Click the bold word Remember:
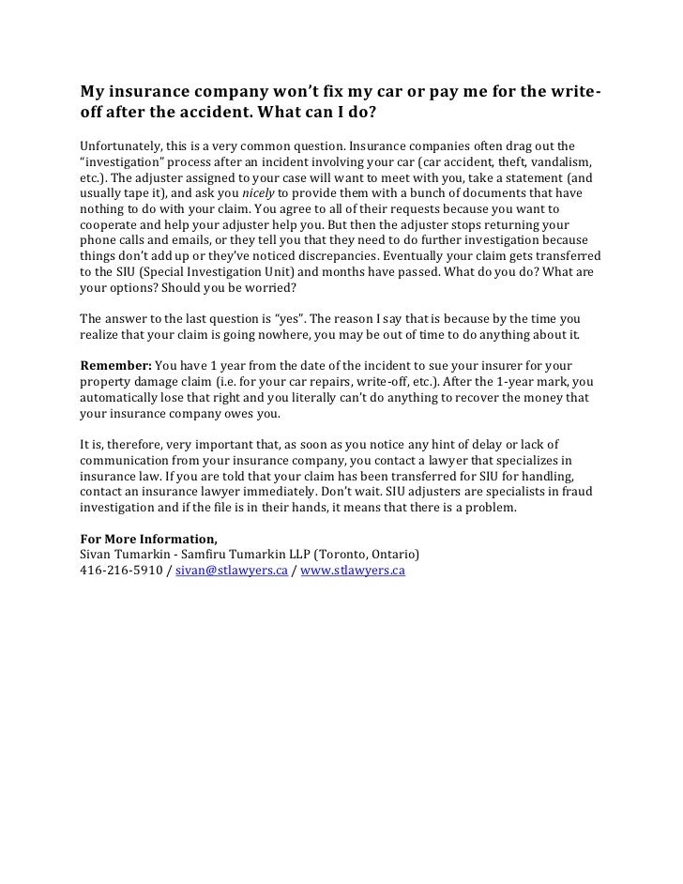coord(115,364)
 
